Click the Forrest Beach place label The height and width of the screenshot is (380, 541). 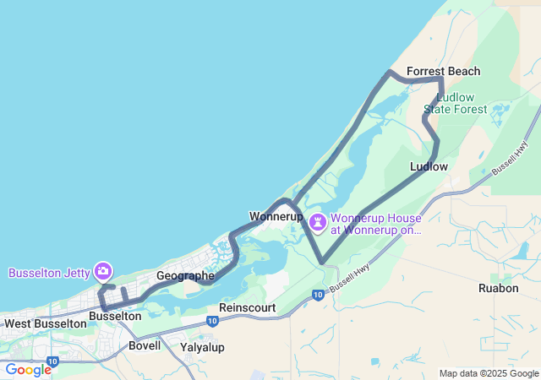pyautogui.click(x=443, y=72)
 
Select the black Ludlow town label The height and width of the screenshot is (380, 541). pyautogui.click(x=429, y=166)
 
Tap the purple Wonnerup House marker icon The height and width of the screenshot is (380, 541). pyautogui.click(x=318, y=223)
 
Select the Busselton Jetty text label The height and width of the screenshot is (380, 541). pyautogui.click(x=47, y=273)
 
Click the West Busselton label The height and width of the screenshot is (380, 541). pyautogui.click(x=45, y=323)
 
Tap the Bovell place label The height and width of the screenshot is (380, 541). pyautogui.click(x=144, y=346)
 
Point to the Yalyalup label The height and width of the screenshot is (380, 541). pyautogui.click(x=202, y=347)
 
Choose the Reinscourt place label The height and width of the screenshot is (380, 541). pyautogui.click(x=247, y=308)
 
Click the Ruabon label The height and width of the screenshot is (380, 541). pyautogui.click(x=498, y=288)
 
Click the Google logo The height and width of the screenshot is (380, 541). pyautogui.click(x=28, y=370)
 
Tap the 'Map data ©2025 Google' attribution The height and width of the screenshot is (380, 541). pyautogui.click(x=489, y=373)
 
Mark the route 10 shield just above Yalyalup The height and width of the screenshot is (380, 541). pyautogui.click(x=210, y=322)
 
